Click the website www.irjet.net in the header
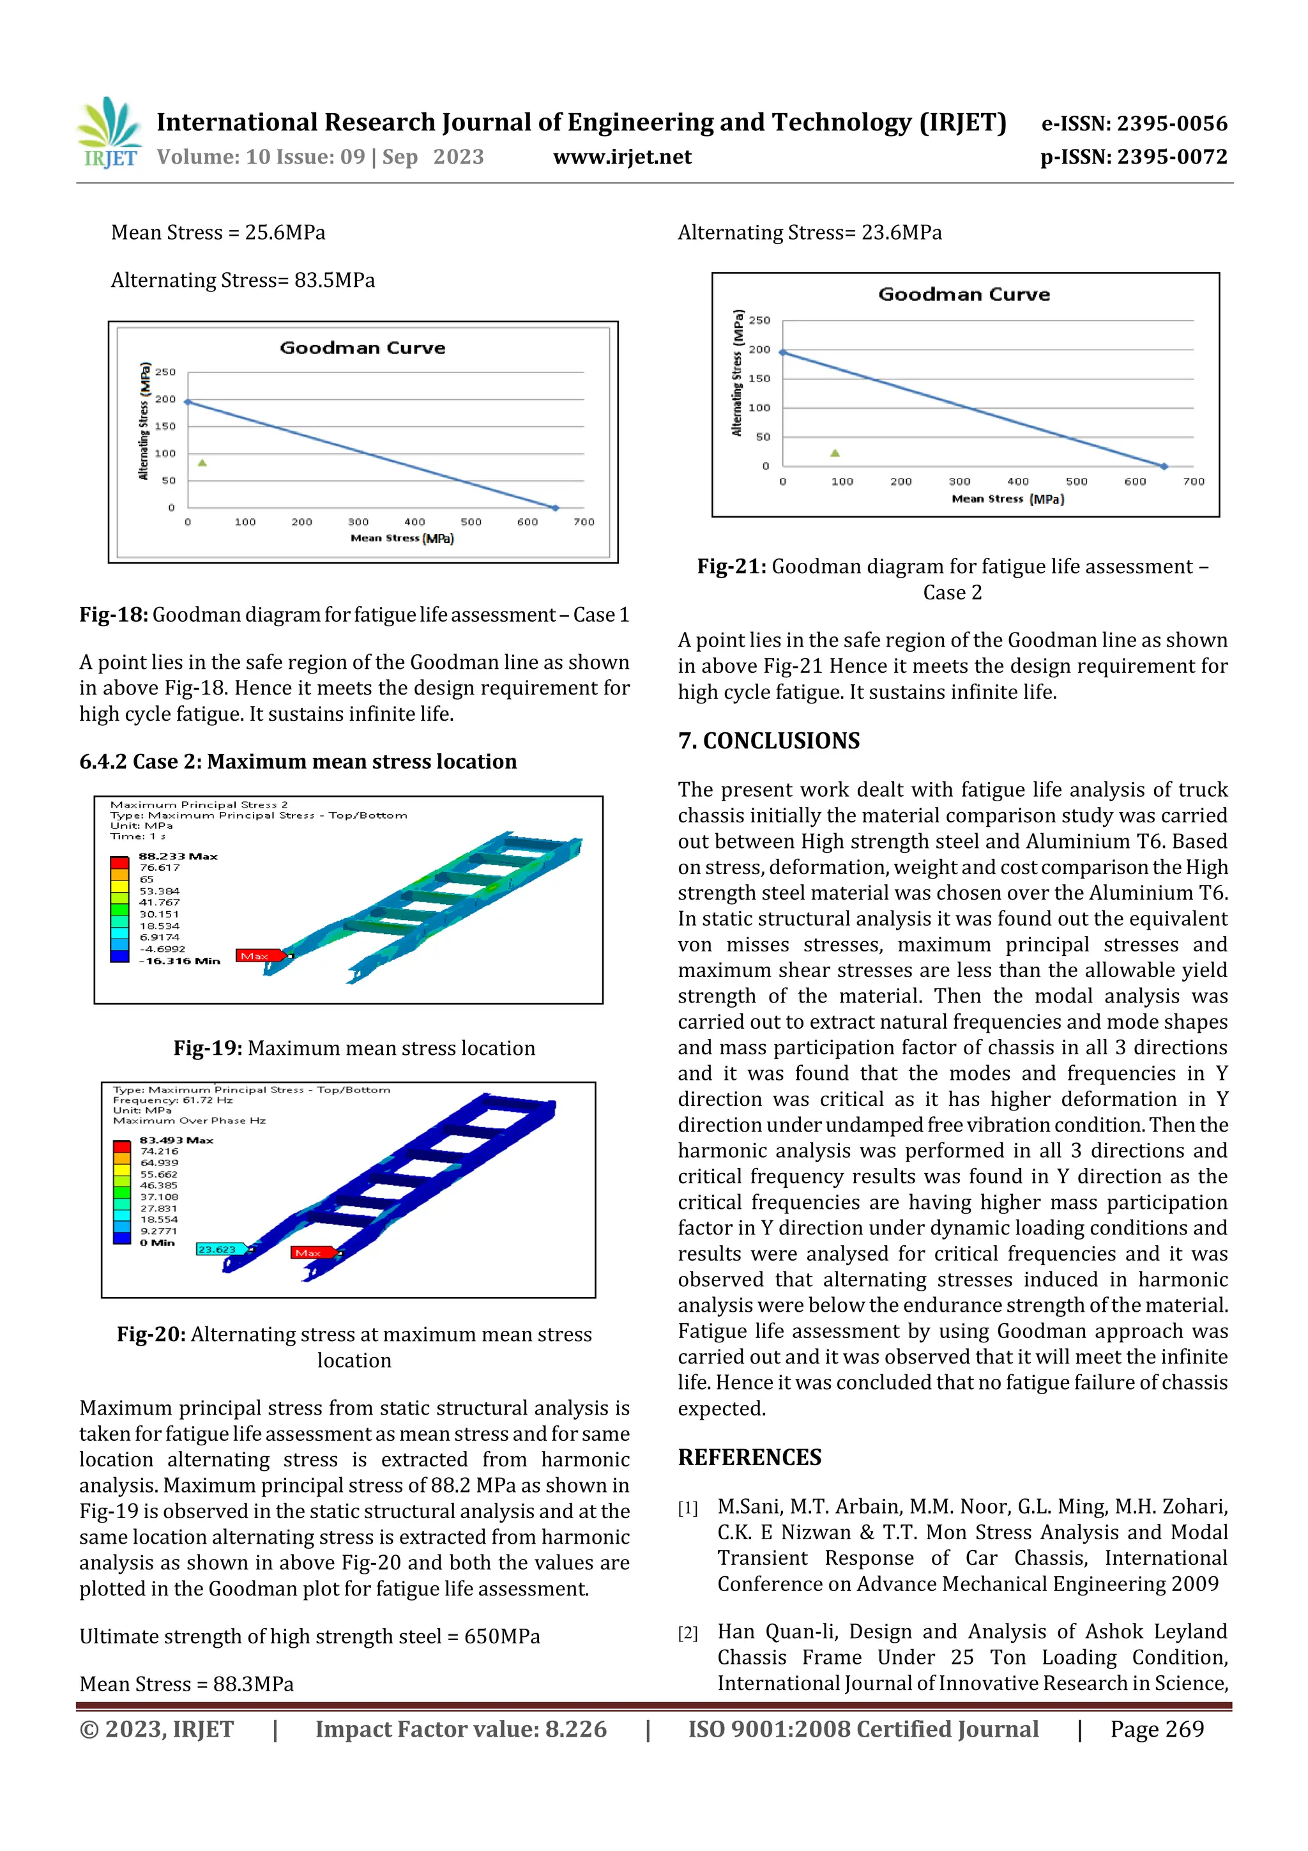621,157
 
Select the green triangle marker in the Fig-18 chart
202,463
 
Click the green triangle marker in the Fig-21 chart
835,453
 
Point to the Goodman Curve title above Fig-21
964,295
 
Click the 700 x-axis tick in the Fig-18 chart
584,521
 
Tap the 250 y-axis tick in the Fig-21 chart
759,320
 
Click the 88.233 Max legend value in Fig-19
178,856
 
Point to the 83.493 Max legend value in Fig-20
176,1140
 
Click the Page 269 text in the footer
1157,1728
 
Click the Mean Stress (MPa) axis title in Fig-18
402,538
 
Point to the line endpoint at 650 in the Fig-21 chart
1164,466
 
